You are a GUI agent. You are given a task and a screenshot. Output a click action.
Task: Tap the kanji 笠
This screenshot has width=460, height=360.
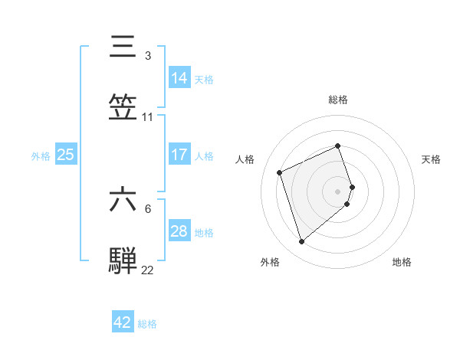coord(123,107)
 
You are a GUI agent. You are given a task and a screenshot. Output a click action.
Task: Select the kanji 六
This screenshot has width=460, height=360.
coord(123,199)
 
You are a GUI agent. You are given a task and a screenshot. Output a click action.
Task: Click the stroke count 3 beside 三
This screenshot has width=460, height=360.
coord(147,56)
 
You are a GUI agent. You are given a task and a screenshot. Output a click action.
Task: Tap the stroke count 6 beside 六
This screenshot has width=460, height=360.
coord(147,208)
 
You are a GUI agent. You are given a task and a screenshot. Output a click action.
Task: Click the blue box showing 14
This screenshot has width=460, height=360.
coord(179,77)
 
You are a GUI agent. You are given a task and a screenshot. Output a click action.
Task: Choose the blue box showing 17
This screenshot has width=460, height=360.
coord(179,154)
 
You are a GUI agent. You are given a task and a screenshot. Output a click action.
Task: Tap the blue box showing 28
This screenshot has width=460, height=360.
coord(179,231)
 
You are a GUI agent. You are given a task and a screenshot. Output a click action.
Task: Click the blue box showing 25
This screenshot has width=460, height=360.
coord(66,154)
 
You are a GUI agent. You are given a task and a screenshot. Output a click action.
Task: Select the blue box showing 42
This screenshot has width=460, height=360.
coord(123,322)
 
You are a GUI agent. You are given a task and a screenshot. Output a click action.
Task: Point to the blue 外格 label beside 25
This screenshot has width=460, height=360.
coord(41,155)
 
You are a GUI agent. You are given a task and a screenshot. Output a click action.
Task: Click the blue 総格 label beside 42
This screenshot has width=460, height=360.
coord(147,324)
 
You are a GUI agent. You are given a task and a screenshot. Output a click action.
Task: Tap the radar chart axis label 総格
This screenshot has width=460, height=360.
coord(338,100)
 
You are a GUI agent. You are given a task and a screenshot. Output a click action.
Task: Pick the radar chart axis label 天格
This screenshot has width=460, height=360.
coord(431,159)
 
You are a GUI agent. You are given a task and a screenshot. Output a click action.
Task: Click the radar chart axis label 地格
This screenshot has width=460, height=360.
coord(402,262)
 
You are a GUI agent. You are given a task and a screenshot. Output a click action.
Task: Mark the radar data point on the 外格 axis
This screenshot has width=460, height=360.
coord(301,242)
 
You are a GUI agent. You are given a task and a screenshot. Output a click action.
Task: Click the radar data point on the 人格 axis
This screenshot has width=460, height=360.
coord(281,172)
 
